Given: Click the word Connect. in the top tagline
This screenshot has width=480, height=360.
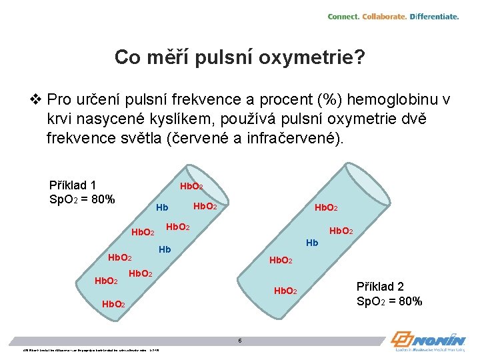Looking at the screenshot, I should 343,17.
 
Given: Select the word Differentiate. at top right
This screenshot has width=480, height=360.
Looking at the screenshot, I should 434,17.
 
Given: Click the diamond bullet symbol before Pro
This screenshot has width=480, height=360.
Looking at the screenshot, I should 36,100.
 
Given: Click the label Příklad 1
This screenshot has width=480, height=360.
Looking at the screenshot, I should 73,185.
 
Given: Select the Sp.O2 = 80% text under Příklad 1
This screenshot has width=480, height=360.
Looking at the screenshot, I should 82,199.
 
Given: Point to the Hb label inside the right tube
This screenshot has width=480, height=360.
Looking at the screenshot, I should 311,243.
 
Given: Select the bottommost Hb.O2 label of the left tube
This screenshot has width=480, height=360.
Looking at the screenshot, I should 115,305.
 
